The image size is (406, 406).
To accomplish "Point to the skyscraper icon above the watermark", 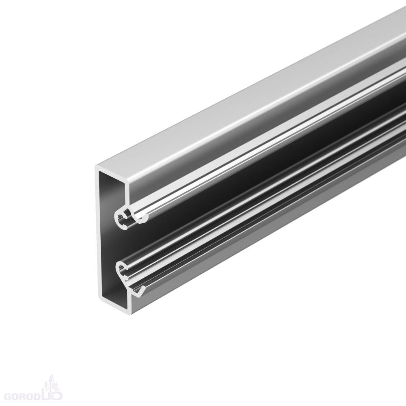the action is click(x=50, y=383).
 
